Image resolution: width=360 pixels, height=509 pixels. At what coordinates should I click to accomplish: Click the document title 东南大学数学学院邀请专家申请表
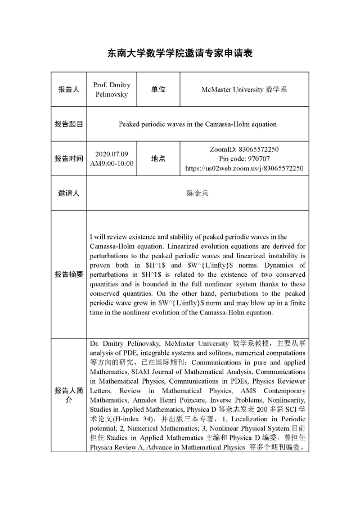(x=180, y=53)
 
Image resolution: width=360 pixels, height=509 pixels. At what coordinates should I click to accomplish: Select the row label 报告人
(x=69, y=89)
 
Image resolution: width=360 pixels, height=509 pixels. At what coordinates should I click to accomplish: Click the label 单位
(x=158, y=89)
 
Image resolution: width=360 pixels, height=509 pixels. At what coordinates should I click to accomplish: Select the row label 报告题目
(x=69, y=124)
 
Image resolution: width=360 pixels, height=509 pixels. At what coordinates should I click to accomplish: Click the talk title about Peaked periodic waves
(x=197, y=124)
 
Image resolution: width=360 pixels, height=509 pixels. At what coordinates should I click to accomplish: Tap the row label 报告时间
(x=69, y=159)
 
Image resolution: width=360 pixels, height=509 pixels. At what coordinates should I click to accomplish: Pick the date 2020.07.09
(x=112, y=154)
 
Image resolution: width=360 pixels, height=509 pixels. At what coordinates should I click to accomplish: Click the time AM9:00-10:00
(x=112, y=163)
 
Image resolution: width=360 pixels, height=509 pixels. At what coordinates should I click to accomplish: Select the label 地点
(x=158, y=159)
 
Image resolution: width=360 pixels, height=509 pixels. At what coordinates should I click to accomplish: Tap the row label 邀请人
(x=69, y=193)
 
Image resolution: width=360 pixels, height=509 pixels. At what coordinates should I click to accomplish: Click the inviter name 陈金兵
(x=197, y=193)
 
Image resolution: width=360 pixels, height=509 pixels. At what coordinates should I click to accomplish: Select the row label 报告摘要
(x=69, y=274)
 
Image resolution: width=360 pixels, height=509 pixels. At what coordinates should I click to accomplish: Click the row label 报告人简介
(x=69, y=395)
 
